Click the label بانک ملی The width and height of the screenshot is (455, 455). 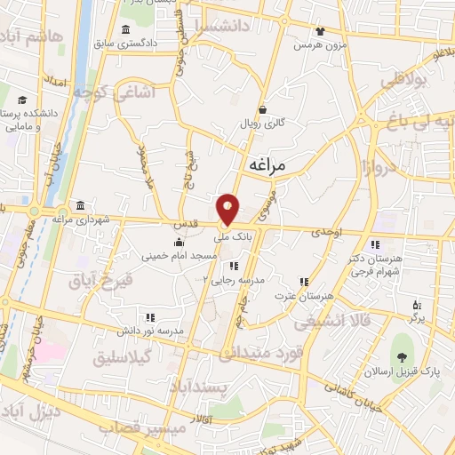(x=235, y=237)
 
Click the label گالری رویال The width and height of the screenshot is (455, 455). (x=261, y=124)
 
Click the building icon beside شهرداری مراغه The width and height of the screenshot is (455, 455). (x=81, y=204)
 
